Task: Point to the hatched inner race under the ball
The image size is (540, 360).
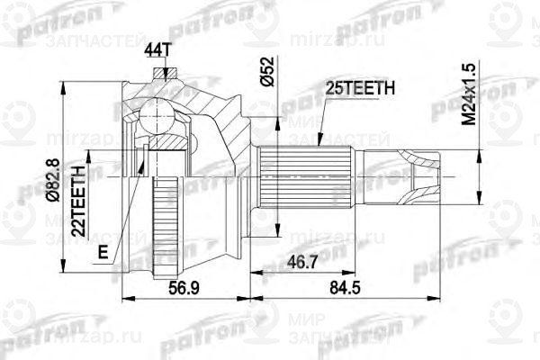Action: [x=166, y=140]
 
